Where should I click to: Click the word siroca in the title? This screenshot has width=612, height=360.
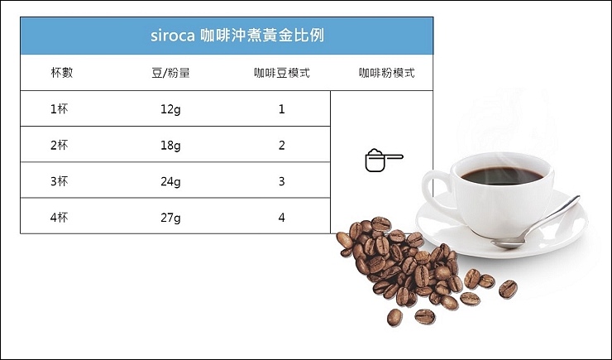173,36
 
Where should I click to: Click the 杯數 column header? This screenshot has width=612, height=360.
62,73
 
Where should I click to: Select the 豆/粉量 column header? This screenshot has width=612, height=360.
170,73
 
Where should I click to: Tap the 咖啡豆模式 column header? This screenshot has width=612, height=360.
282,73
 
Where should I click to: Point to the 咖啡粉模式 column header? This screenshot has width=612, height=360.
387,73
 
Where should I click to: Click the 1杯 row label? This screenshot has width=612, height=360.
59,109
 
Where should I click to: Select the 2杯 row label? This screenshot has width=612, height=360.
59,146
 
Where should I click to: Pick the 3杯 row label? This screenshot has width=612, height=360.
59,181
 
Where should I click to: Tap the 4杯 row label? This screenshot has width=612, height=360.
59,217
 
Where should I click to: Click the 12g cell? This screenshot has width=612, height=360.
170,109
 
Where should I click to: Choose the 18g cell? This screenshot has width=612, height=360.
170,146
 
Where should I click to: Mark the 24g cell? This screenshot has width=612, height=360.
170,181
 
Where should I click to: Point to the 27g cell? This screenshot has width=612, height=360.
170,218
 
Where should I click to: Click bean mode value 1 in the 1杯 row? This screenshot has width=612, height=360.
282,109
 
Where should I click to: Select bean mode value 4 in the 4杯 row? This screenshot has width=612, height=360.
282,217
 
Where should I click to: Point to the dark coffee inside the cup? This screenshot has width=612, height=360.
502,175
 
